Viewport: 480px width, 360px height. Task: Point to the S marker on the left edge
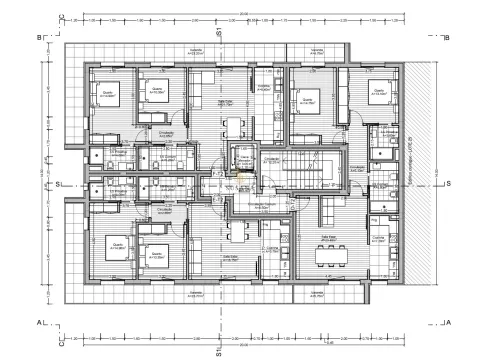tap(58, 184)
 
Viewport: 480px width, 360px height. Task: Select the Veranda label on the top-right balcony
tap(316, 53)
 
